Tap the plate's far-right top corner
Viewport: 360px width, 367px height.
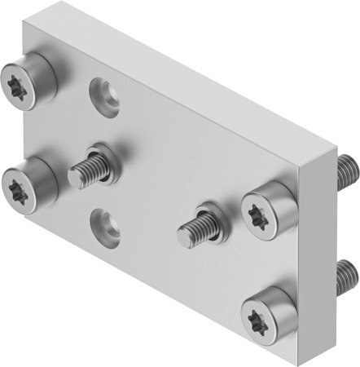(x=337, y=146)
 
